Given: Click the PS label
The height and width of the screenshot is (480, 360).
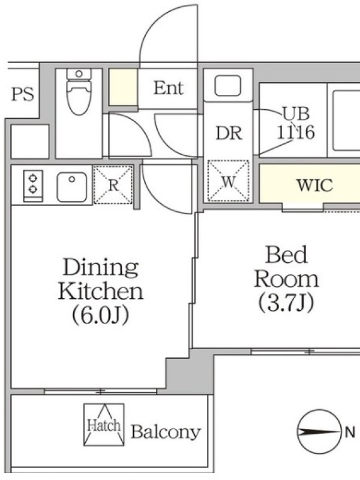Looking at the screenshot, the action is pyautogui.click(x=23, y=94).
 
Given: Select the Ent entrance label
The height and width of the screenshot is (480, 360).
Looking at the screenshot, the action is pyautogui.click(x=169, y=88).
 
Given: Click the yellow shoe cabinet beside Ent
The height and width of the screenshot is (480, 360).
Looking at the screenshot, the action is pyautogui.click(x=123, y=88).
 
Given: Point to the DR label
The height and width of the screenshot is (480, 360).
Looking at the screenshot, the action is pyautogui.click(x=229, y=133).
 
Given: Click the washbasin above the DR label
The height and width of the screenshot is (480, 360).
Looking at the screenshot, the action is pyautogui.click(x=228, y=85).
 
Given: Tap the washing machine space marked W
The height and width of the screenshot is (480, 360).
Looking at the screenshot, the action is pyautogui.click(x=228, y=181).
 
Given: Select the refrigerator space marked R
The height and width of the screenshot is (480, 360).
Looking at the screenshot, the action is pyautogui.click(x=113, y=185).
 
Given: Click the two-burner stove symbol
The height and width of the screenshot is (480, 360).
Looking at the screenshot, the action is pyautogui.click(x=33, y=185).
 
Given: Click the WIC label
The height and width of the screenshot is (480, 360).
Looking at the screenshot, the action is pyautogui.click(x=314, y=185).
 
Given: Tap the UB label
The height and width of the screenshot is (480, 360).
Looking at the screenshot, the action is pyautogui.click(x=296, y=113).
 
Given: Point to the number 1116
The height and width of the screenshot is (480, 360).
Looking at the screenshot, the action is pyautogui.click(x=296, y=133).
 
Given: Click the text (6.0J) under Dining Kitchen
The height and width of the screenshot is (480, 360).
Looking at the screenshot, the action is pyautogui.click(x=100, y=315).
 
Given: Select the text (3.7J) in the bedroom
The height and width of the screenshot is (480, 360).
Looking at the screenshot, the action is pyautogui.click(x=286, y=302).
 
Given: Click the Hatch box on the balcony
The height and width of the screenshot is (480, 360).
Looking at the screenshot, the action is pyautogui.click(x=104, y=425).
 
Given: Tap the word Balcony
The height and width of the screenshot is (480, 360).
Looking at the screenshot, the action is pyautogui.click(x=166, y=432).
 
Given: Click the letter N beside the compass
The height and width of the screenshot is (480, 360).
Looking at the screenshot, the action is pyautogui.click(x=350, y=433).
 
